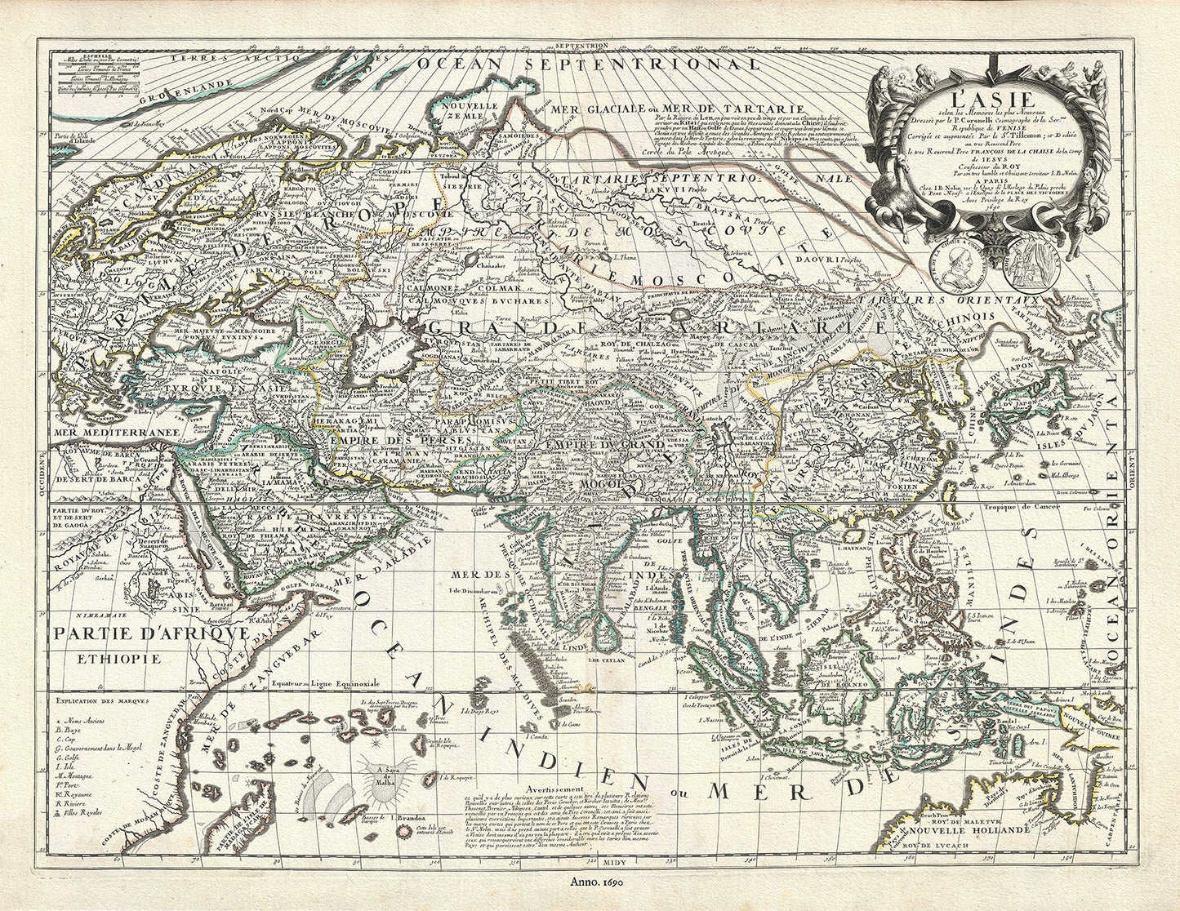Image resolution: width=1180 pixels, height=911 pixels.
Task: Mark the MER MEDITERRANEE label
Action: click(x=95, y=434)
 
